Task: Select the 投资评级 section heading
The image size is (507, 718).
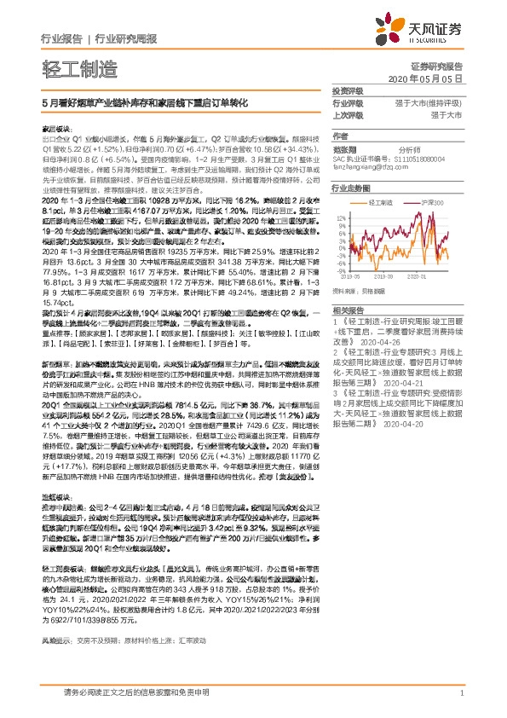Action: [x=346, y=91]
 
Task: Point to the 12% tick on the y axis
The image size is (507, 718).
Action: [x=341, y=217]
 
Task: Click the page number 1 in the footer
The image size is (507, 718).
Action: [x=461, y=703]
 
